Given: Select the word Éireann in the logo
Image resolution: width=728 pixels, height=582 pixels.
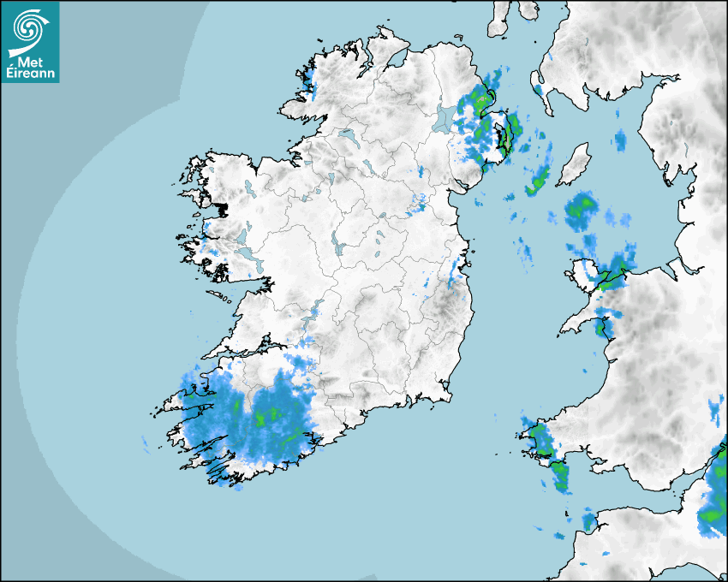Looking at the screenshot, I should coord(31,74).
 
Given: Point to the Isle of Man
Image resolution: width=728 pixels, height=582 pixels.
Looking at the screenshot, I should coord(574,163).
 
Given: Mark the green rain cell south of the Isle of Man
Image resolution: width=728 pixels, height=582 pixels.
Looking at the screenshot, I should coord(582,208).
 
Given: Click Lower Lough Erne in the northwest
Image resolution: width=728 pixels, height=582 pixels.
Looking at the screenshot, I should coord(347,136).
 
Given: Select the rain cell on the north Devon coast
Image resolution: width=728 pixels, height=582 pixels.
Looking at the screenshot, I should coord(588,520).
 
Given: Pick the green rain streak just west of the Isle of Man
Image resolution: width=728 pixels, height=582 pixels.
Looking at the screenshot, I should coord(539,181).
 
